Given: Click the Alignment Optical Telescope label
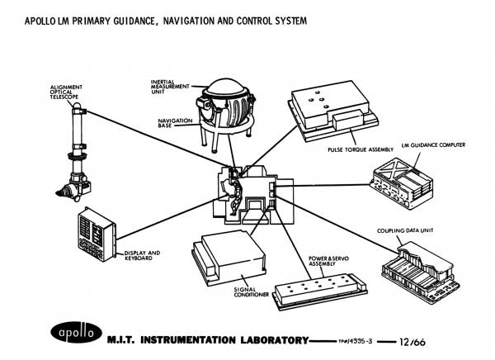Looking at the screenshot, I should pyautogui.click(x=66, y=92).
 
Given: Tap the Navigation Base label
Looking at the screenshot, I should pyautogui.click(x=174, y=123).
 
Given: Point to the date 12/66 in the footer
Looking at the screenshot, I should pyautogui.click(x=412, y=339).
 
